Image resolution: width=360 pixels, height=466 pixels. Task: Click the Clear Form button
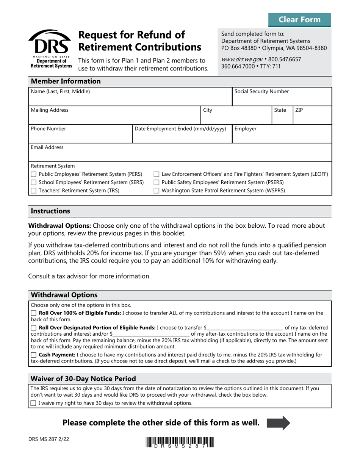coord(299,20)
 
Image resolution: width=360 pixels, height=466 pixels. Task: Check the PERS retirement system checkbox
coord(33,174)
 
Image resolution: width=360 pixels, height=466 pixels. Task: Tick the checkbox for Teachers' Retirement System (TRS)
coord(33,191)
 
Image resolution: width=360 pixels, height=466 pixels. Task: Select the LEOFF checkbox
coord(156,174)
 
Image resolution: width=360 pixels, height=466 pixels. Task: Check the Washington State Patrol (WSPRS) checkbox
coord(156,191)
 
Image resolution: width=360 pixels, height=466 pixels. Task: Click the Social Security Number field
coord(282,100)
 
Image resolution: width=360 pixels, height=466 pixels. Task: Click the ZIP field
coord(312,117)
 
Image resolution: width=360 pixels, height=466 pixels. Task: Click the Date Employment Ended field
coord(182,136)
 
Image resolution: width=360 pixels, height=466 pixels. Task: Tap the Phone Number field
coord(80,136)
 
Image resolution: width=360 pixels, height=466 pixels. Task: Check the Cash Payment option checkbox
coord(33,355)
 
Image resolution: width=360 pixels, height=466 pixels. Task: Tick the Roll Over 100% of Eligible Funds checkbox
coord(33,313)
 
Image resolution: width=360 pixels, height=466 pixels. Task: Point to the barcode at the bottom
coord(179,443)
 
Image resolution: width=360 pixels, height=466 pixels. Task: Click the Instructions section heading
coord(50,211)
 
